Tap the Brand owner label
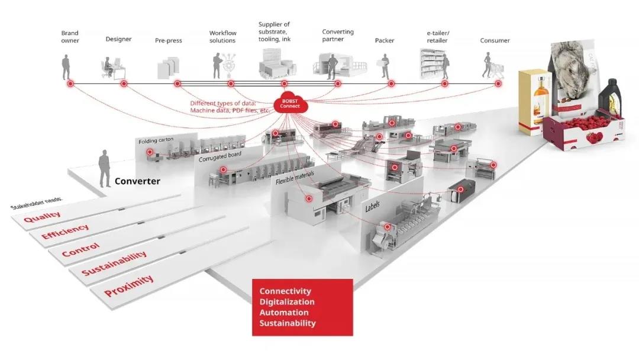[70, 37]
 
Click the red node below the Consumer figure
[498, 83]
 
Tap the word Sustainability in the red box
[288, 323]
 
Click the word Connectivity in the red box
[285, 291]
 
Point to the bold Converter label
[137, 181]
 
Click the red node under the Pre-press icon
[177, 83]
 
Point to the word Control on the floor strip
[81, 249]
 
